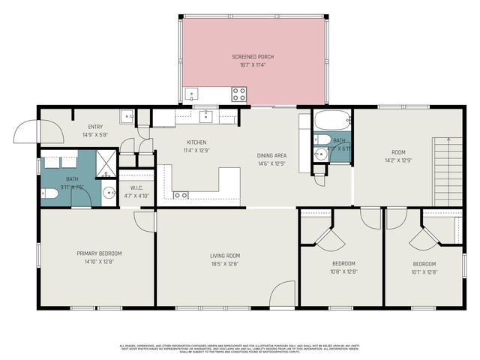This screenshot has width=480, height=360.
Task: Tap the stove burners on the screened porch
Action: [x=238, y=94]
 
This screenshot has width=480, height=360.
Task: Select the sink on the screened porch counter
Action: [x=191, y=95]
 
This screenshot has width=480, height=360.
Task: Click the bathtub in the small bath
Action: [x=331, y=121]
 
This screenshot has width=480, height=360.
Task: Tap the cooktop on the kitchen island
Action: [x=181, y=195]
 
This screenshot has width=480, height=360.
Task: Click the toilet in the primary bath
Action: [x=49, y=193]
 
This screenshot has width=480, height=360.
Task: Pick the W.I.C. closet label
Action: [x=136, y=188]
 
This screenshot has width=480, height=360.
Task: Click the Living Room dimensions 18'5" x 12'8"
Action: [x=224, y=263]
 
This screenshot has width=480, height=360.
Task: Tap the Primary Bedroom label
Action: [x=99, y=253]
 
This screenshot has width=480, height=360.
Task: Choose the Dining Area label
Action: [x=273, y=155]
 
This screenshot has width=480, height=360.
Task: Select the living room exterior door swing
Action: [x=282, y=294]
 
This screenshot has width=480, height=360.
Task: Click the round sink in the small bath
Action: [x=321, y=154]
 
